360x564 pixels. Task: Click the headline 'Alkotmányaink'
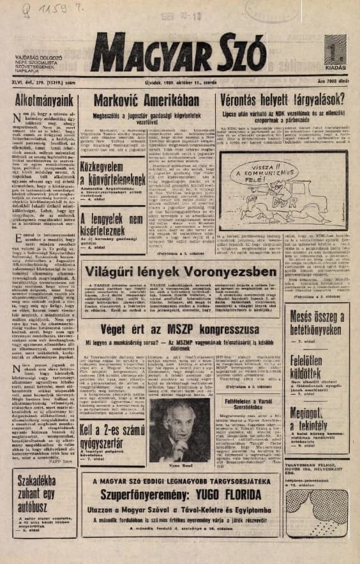(x=43, y=101)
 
